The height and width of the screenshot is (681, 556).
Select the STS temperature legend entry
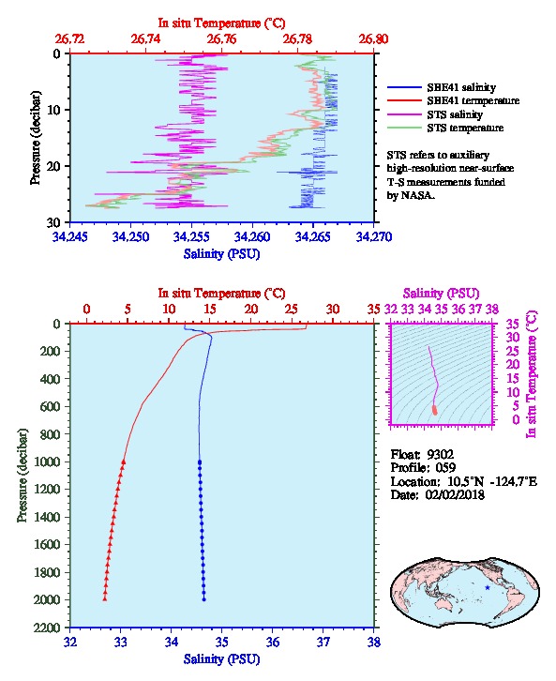tap(445, 128)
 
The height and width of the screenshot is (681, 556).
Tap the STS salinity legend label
tap(455, 114)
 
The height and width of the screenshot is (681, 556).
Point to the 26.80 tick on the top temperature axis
tap(373, 39)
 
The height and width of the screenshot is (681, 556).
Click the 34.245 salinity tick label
tap(69, 236)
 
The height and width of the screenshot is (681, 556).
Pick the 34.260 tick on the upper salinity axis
tap(252, 236)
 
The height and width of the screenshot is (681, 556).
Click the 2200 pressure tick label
tap(47, 628)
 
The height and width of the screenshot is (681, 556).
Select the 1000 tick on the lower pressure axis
tap(47, 462)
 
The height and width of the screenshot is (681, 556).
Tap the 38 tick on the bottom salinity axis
tap(374, 642)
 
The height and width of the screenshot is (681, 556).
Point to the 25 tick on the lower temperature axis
tap(292, 310)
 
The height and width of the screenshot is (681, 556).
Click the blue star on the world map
tap(488, 587)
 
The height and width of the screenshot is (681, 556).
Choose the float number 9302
tap(440, 455)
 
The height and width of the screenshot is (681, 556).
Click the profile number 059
tap(445, 468)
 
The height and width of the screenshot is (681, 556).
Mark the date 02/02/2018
tap(455, 494)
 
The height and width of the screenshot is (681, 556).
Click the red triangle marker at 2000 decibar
tap(105, 599)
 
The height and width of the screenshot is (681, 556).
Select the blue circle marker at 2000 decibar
tap(204, 599)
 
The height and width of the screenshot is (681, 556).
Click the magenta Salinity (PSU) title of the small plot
tap(441, 294)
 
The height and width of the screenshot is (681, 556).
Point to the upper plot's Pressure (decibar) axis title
tap(36, 138)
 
